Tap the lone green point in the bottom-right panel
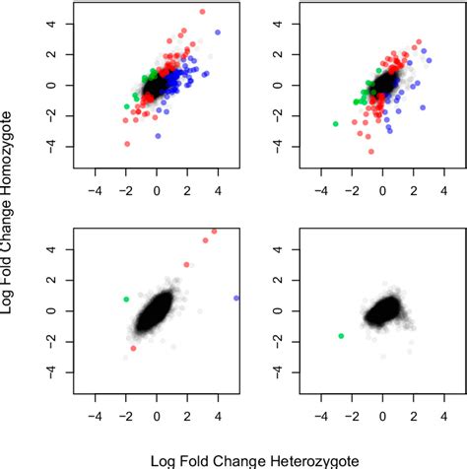(341, 336)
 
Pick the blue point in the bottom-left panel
(236, 298)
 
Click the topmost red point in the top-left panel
(202, 12)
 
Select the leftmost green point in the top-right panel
(335, 124)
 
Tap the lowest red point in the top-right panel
(370, 151)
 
